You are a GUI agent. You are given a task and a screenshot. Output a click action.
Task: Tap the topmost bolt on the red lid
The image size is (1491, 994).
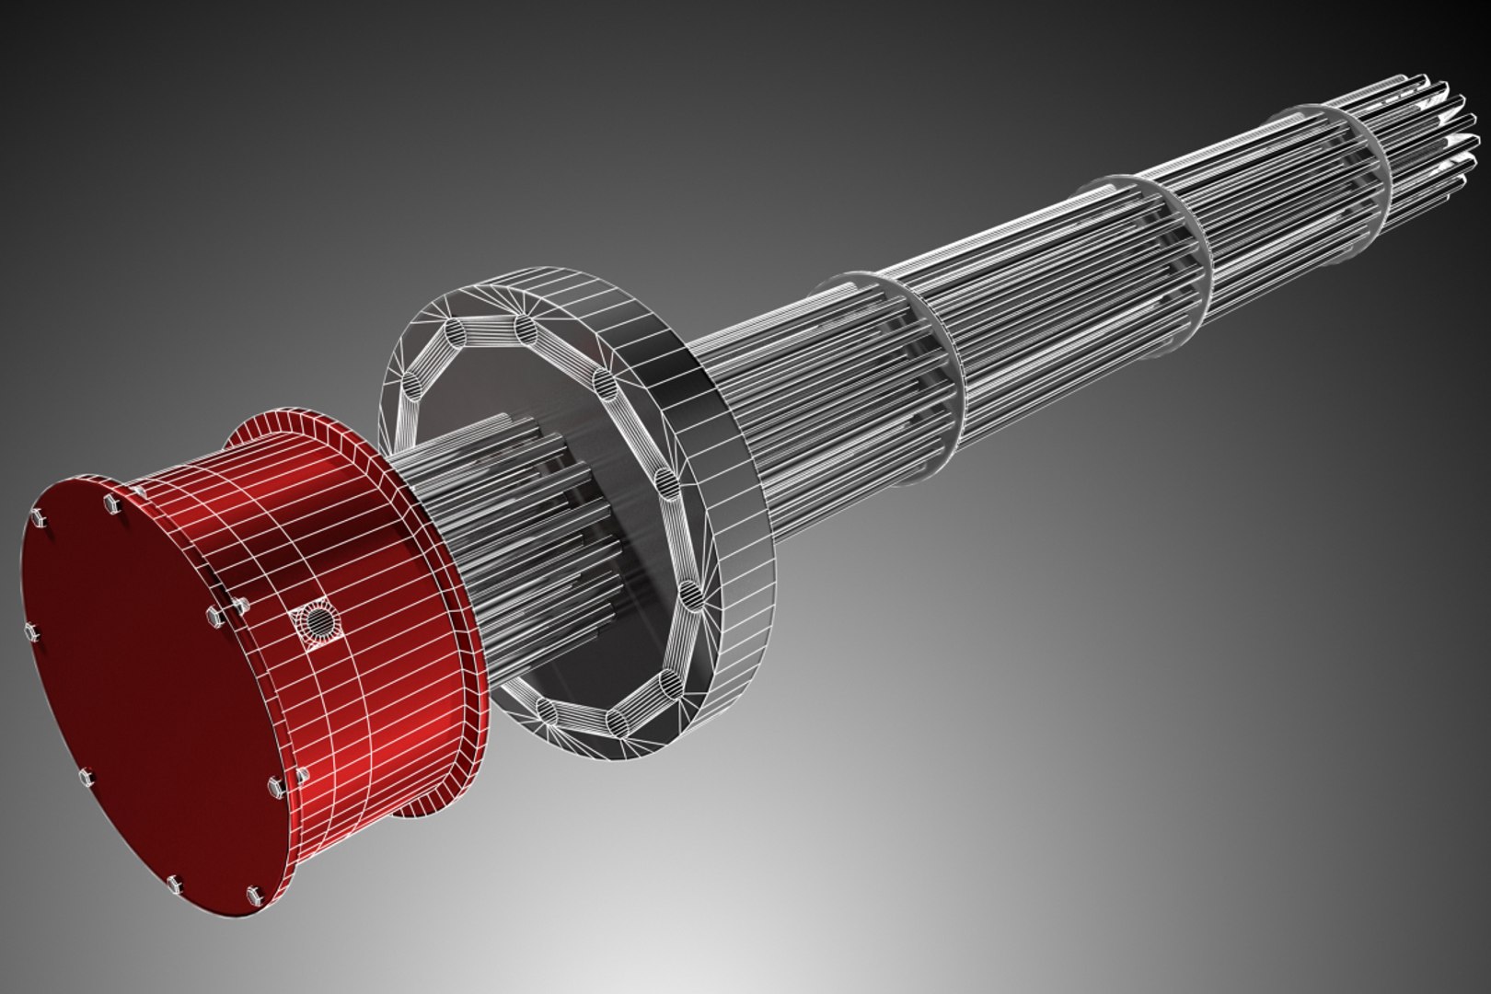click(x=112, y=503)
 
